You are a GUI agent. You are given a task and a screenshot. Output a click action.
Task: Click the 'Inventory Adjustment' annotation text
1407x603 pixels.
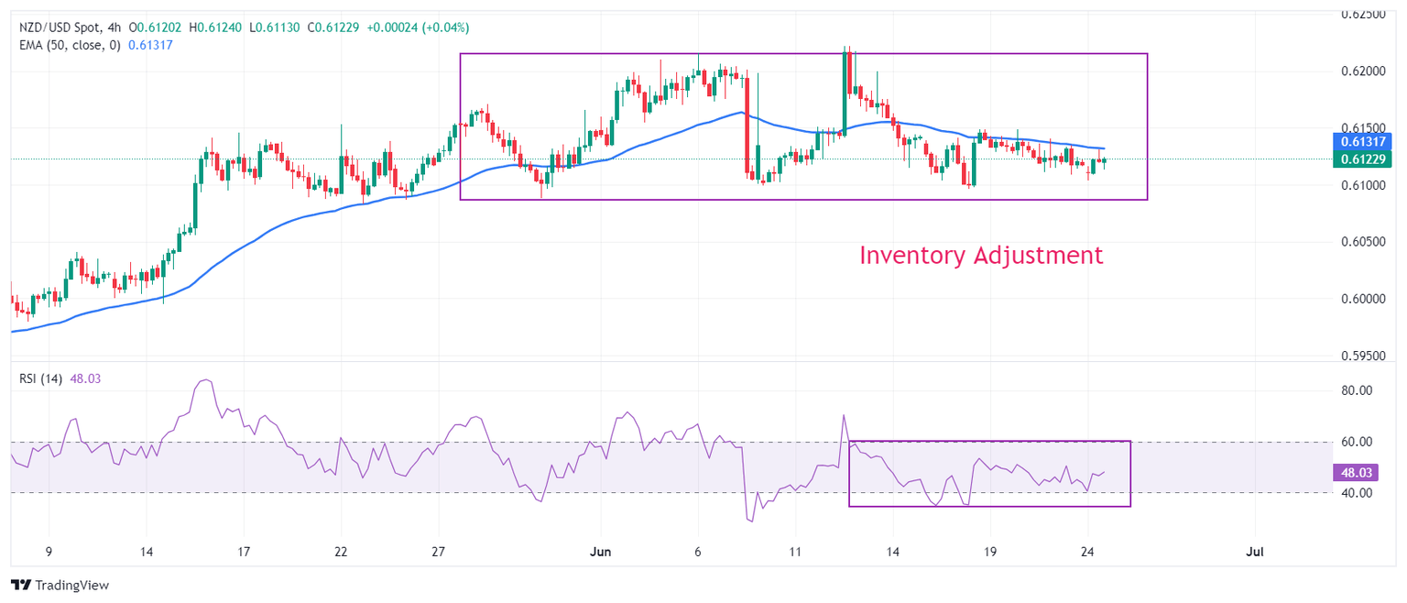coord(981,256)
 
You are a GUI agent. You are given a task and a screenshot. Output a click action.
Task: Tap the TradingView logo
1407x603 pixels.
coord(61,586)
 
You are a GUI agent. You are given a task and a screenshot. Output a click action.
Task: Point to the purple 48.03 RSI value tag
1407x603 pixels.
coord(1359,473)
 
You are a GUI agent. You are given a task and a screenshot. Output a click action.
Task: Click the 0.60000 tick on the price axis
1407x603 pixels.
coord(1365,299)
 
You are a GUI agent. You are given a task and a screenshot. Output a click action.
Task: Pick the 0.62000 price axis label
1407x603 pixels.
coord(1365,71)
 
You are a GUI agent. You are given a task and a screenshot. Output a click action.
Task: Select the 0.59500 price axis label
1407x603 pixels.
coord(1365,356)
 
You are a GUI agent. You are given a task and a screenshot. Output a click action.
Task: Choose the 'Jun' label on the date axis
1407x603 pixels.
coord(601,552)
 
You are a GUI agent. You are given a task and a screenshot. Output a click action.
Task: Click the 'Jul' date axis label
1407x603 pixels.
coord(1255,552)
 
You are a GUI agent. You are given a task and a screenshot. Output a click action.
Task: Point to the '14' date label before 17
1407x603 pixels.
coord(146,552)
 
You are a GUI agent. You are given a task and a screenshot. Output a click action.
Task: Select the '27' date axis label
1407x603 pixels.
coord(438,552)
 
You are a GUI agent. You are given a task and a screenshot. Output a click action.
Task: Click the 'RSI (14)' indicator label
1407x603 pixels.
coord(41,378)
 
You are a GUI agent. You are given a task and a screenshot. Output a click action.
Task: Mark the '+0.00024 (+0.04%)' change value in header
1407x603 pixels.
coord(418,27)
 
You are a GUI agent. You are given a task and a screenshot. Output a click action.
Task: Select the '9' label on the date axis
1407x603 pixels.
coord(49,552)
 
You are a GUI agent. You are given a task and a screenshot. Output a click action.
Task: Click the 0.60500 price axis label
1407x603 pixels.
coord(1365,242)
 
